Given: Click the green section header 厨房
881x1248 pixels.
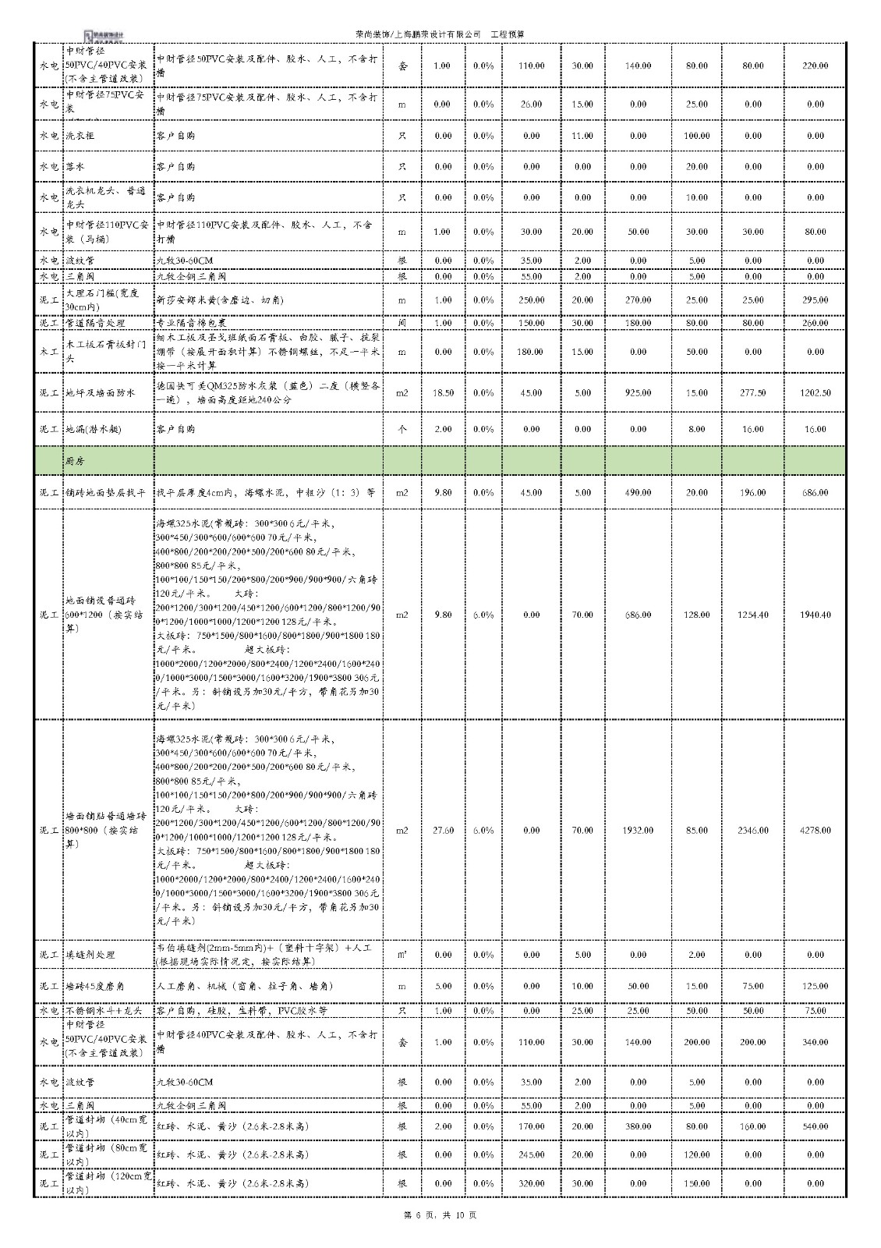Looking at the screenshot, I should pos(75,461).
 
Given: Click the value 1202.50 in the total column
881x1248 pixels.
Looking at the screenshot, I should pos(815,393).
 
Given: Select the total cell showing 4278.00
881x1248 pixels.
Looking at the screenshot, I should pos(815,831).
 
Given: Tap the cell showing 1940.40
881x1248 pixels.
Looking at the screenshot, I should pos(815,615).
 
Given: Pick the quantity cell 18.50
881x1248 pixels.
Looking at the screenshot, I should pos(442,393).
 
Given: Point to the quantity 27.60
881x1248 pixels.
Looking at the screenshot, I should pos(442,831).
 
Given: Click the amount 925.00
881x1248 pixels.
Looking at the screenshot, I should pos(638,393).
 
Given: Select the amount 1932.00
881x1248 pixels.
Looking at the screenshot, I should pos(638,831).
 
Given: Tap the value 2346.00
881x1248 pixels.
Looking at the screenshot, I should pos(752,831).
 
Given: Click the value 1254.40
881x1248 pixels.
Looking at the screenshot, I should pos(752,615).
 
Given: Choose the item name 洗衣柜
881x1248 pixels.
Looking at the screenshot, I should pos(80,136).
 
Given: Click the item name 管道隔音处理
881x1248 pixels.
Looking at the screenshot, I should pos(95,323).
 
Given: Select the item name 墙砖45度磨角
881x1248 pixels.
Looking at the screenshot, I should pos(97,987).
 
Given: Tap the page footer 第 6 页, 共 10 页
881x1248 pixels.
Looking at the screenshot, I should pos(440,1215).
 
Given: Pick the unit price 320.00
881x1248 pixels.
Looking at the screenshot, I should pos(531,1183).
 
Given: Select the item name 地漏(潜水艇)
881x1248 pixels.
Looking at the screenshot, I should pos(94,430).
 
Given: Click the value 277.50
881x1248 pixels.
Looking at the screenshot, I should pos(752,393).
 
